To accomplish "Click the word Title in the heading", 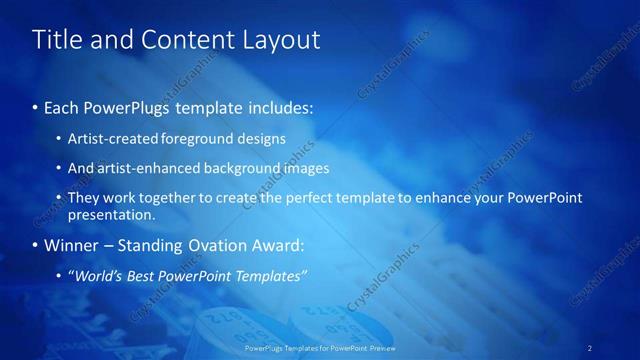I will tap(56, 40).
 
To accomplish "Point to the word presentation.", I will tap(111, 214).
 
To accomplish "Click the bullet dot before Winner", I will tap(36, 245).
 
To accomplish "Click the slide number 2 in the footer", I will tap(591, 347).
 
